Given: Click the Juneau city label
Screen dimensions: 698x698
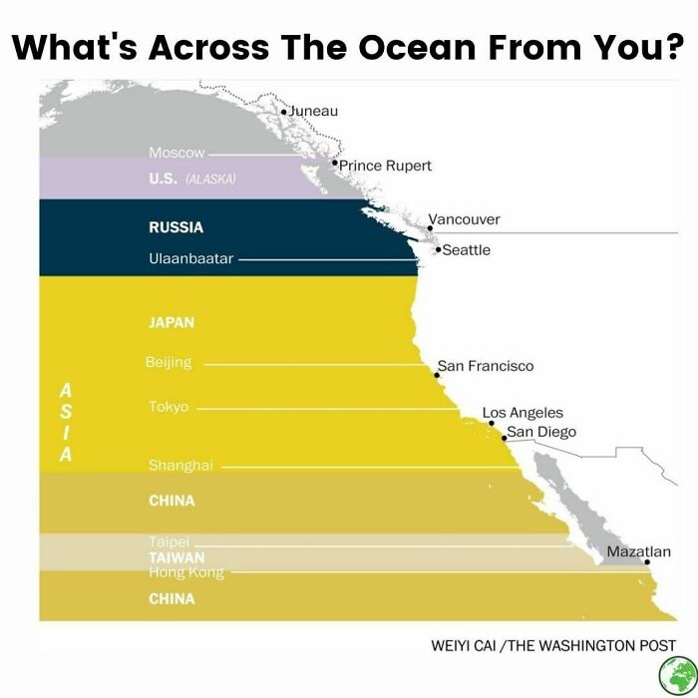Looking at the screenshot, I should pos(313,111).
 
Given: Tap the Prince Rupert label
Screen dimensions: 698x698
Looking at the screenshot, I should pos(385,166).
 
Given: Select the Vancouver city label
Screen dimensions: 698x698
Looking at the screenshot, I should pos(464,218).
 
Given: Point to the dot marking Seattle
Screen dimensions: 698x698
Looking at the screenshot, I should pos(438,250).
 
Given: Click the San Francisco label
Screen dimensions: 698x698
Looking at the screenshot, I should pos(486,366).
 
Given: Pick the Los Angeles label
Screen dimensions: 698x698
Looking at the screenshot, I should pos(523,412).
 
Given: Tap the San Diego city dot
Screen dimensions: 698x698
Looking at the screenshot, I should pos(504,438).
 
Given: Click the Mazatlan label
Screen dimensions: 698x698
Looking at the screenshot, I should pos(638,551).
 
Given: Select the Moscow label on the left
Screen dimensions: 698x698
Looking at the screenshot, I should pos(176,153).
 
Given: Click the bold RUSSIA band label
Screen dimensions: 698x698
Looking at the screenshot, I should pos(175,227).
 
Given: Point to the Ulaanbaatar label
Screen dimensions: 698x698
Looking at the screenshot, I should pos(190,259).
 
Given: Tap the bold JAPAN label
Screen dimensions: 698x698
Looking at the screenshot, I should pos(171,323).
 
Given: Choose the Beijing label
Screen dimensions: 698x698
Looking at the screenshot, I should pos(168,362).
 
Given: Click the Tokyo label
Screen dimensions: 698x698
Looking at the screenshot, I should pos(168,407).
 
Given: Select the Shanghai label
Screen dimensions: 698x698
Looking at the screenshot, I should pos(180,466).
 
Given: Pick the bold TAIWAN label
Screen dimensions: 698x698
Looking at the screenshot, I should pos(176,557).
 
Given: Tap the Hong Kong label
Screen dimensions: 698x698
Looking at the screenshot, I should pos(186,572).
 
